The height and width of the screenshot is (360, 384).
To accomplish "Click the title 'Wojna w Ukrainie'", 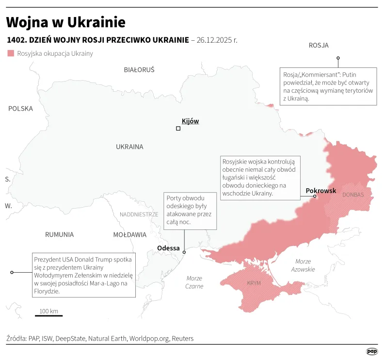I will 66,22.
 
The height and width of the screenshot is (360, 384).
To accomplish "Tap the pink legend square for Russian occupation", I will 11,53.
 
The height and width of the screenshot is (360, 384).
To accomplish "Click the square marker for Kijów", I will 178,129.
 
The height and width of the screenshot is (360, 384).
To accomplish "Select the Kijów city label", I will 190,121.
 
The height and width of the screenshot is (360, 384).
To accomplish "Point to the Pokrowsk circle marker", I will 314,196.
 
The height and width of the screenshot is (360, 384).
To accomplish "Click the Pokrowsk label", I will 320,191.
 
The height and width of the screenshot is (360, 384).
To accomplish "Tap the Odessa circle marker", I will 184,252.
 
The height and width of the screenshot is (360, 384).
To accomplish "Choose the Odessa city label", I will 168,248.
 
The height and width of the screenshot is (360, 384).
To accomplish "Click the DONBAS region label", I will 352,195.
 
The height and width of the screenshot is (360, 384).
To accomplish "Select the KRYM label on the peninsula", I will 254,283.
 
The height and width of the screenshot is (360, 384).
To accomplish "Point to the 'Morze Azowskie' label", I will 304,265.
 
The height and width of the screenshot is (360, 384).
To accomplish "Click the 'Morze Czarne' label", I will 194,282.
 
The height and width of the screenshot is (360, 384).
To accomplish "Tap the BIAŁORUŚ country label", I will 139,70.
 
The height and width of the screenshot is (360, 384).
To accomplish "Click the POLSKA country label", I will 20,109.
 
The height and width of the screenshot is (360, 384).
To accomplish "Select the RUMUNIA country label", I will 59,234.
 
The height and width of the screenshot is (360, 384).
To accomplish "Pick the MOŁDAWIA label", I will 129,235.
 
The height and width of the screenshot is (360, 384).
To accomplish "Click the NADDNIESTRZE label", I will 139,214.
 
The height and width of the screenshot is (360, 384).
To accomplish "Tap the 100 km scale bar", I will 48,315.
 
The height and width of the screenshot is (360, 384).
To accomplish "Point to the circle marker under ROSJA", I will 338,58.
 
